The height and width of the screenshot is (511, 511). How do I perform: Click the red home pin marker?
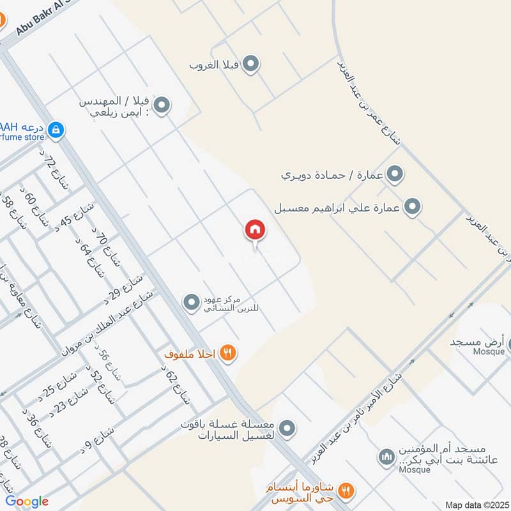click(255, 229)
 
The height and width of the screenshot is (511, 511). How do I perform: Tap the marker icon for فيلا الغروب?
click(252, 64)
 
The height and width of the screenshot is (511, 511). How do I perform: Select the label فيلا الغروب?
click(214, 65)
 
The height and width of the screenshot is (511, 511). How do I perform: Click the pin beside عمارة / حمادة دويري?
click(395, 173)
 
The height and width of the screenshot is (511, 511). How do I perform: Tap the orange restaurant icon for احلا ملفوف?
click(227, 353)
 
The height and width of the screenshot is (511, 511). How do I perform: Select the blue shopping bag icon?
click(56, 130)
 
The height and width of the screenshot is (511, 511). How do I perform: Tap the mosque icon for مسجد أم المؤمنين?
click(386, 457)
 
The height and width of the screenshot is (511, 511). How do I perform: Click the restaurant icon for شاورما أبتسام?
click(346, 490)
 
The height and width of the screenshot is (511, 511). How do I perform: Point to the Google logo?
click(27, 501)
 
